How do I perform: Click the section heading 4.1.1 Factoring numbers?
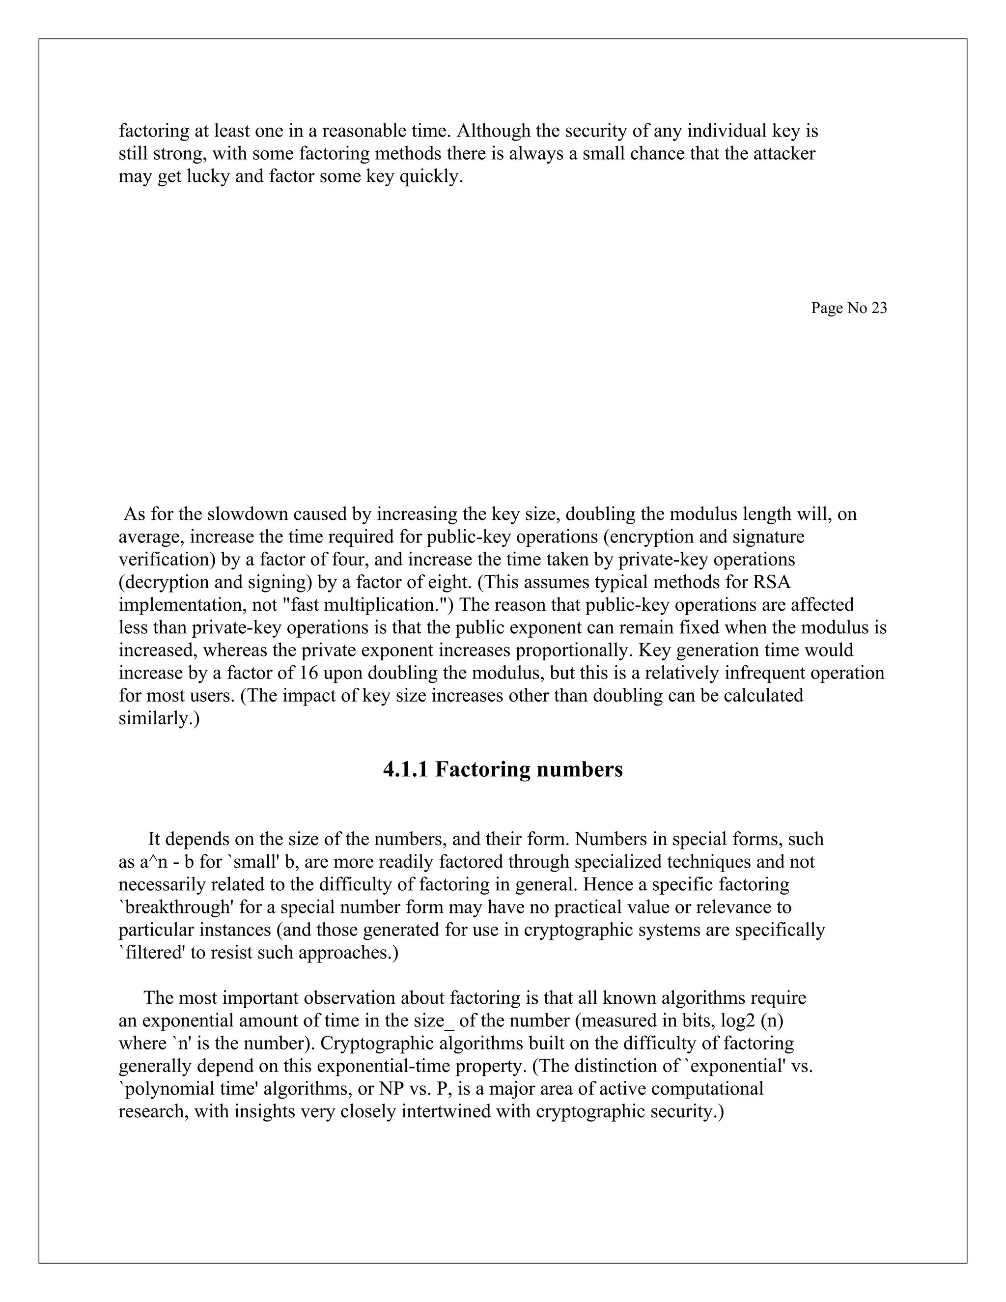point(503,769)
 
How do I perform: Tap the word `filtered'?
point(151,953)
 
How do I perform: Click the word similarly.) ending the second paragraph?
point(159,718)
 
